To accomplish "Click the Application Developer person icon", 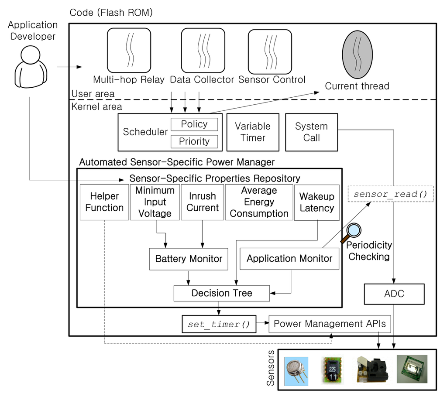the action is pos(31,67).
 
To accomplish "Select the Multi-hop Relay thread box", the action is pos(129,51).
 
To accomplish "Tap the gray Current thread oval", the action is pos(357,55).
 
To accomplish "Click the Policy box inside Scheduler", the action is pos(194,124).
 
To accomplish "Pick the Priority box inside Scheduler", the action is pos(194,141).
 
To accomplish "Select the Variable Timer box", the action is pos(253,132).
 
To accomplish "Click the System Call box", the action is pos(312,132).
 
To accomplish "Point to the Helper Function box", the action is pos(104,202).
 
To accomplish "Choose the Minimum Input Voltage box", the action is pos(155,202).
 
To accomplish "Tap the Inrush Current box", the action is pos(203,202).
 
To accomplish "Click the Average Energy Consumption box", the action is pos(259,202).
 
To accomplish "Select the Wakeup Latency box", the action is pos(317,202).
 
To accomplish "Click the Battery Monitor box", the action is pos(189,259).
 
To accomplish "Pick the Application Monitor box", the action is pos(289,259).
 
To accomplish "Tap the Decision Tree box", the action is pos(222,293).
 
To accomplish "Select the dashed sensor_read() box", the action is pos(391,194).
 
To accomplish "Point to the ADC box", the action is pos(394,294).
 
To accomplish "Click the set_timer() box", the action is pos(219,324).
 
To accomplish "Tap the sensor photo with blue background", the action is pos(296,371).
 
